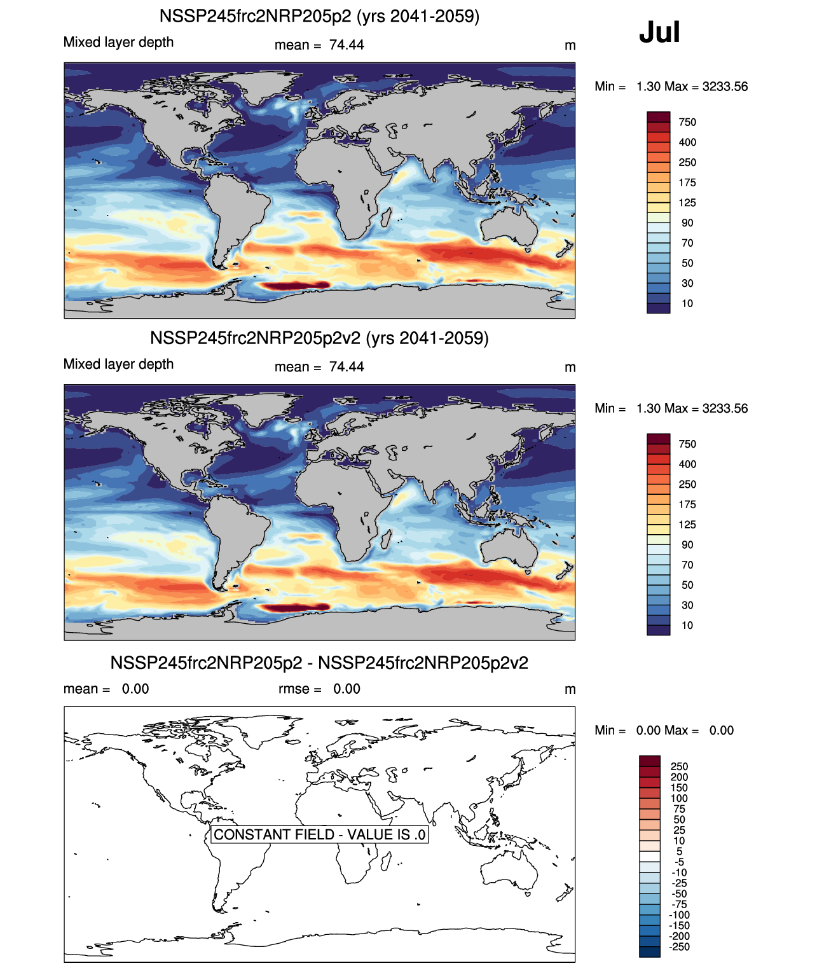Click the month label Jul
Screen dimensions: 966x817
click(x=659, y=32)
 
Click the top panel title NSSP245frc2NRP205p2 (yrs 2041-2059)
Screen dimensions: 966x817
click(x=319, y=16)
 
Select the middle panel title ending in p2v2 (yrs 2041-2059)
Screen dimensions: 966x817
click(x=319, y=338)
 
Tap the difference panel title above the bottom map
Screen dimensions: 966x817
click(x=319, y=663)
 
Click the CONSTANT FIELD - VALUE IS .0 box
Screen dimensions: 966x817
click(x=319, y=834)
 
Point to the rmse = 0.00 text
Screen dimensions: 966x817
click(x=319, y=689)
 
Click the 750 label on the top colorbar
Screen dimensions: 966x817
click(x=687, y=122)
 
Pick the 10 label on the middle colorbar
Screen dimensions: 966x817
click(x=687, y=625)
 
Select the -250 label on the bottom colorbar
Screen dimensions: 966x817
click(x=680, y=947)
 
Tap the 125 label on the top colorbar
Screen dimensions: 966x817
click(x=687, y=203)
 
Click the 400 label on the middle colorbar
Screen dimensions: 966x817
click(x=687, y=464)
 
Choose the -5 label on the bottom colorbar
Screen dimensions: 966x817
click(x=680, y=862)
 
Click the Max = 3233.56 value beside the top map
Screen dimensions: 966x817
click(x=706, y=86)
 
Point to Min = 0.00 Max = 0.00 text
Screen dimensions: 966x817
click(x=664, y=730)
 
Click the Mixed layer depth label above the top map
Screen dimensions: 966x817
click(x=118, y=42)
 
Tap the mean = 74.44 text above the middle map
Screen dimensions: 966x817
click(x=319, y=367)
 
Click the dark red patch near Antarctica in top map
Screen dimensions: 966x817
click(x=296, y=286)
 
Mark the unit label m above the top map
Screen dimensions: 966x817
click(x=570, y=46)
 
